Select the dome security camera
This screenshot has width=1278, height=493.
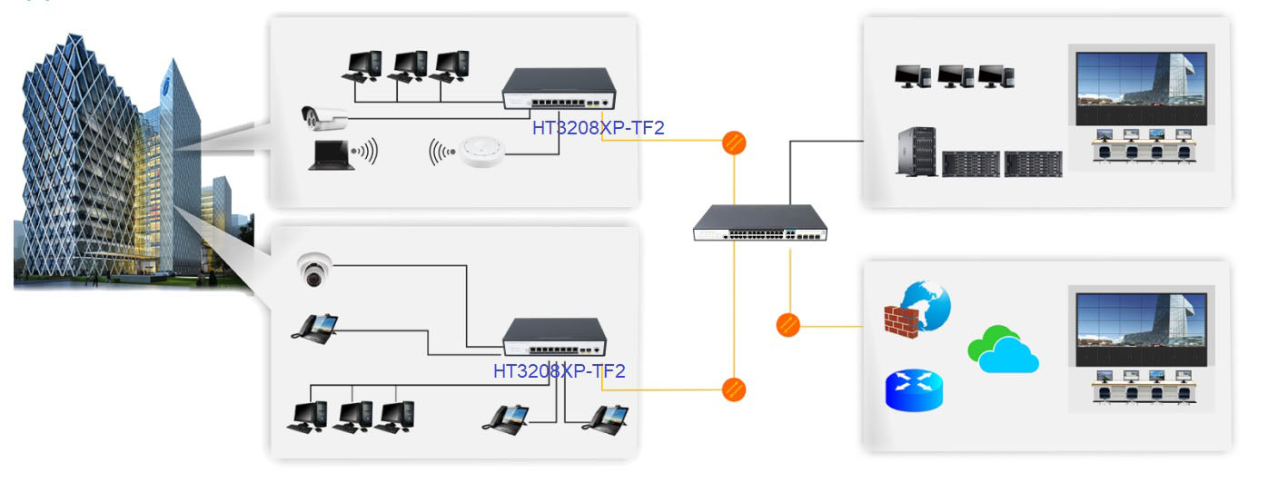[x=314, y=271]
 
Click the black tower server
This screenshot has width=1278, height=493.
[x=916, y=152]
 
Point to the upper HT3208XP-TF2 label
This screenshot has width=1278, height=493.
[x=598, y=128]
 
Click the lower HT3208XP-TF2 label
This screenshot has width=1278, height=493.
[x=559, y=370]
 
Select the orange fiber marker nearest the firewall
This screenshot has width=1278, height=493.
[x=788, y=325]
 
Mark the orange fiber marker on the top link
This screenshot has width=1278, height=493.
[x=734, y=143]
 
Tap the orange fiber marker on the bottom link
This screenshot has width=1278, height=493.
[x=734, y=390]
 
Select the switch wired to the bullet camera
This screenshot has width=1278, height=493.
[x=560, y=93]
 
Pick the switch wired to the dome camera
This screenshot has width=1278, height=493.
[x=555, y=339]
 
